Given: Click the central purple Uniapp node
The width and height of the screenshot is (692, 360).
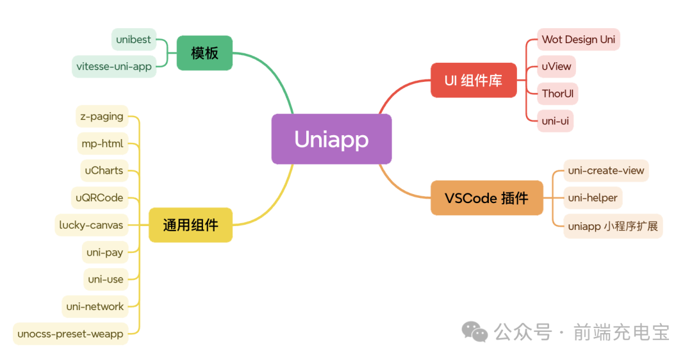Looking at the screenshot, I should pyautogui.click(x=331, y=139).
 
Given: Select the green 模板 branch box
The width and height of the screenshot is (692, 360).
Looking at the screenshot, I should pyautogui.click(x=204, y=53).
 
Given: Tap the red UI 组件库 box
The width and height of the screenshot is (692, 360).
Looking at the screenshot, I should pyautogui.click(x=474, y=80).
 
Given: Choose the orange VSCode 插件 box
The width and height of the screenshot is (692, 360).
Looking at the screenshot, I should pyautogui.click(x=487, y=198).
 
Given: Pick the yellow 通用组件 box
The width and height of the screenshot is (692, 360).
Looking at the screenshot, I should pyautogui.click(x=190, y=225).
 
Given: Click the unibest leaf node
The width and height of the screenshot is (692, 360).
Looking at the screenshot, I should pyautogui.click(x=133, y=40).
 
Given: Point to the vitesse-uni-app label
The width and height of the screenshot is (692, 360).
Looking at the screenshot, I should pyautogui.click(x=114, y=67).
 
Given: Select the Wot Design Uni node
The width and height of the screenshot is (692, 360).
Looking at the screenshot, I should pyautogui.click(x=578, y=40).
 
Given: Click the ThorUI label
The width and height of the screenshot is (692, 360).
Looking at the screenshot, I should pyautogui.click(x=557, y=94).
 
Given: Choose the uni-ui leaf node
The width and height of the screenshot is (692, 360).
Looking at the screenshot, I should pyautogui.click(x=555, y=120).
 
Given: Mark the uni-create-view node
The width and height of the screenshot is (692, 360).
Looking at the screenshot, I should pyautogui.click(x=606, y=170).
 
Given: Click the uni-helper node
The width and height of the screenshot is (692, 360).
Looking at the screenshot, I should pyautogui.click(x=593, y=198).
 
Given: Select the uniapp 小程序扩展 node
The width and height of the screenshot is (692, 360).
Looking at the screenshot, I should pyautogui.click(x=613, y=225).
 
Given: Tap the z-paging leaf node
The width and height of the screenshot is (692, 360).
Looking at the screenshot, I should pyautogui.click(x=102, y=117).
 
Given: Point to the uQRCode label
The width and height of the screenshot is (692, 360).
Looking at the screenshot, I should pyautogui.click(x=99, y=197).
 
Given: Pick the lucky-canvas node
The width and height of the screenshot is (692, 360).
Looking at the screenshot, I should pyautogui.click(x=91, y=225).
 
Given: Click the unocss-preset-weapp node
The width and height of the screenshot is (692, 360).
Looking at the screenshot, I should pyautogui.click(x=70, y=334).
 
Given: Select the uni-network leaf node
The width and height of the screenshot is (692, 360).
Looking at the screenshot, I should pyautogui.click(x=95, y=306).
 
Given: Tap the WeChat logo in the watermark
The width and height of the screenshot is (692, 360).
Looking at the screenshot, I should pyautogui.click(x=475, y=332).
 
